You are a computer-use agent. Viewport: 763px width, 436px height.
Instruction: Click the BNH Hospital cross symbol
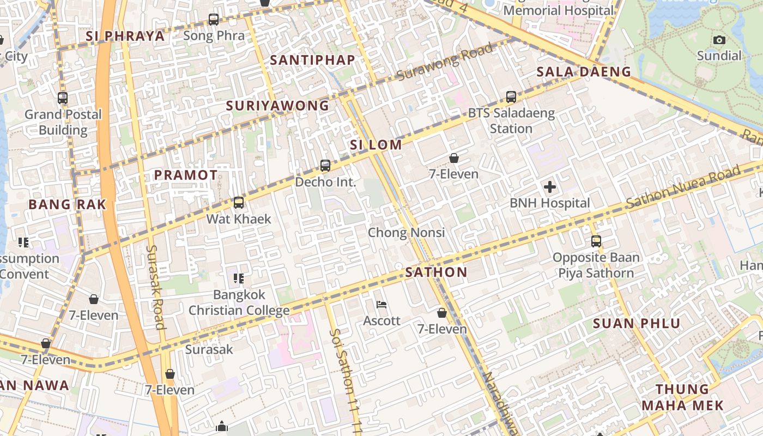(x=550, y=187)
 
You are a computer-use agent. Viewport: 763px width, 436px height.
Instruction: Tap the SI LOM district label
(x=376, y=145)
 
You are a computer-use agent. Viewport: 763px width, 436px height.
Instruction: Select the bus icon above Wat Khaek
(x=239, y=203)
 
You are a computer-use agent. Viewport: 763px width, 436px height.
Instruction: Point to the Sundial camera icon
(x=719, y=40)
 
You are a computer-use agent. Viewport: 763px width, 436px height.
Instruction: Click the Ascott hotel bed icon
(x=381, y=305)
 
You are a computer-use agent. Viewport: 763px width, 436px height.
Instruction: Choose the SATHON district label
(x=437, y=272)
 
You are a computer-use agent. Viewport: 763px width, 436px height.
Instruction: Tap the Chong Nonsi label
(x=407, y=233)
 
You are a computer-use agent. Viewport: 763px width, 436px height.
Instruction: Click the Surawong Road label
(x=444, y=61)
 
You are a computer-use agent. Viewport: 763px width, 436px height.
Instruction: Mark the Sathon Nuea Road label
(x=684, y=188)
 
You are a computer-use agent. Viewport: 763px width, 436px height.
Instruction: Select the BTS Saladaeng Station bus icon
(x=511, y=97)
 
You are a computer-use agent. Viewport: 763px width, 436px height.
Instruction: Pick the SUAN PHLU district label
(x=637, y=324)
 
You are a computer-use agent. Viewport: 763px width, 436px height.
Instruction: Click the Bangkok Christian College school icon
(x=239, y=278)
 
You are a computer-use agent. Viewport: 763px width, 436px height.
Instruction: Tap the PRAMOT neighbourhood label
(x=186, y=175)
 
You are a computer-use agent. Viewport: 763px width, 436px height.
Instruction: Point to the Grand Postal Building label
(x=63, y=122)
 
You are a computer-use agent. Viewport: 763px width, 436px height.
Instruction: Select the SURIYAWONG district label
(x=277, y=106)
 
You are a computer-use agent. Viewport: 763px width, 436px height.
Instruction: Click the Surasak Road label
(x=155, y=287)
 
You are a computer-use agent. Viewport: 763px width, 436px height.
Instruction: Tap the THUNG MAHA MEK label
(x=682, y=397)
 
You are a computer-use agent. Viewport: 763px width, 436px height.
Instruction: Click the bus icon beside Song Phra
(x=214, y=20)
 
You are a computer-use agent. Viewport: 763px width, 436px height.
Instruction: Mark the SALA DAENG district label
(x=584, y=72)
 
